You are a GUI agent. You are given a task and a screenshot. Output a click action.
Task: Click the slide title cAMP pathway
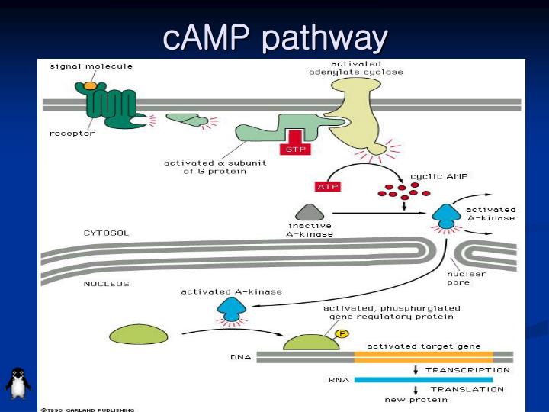tap(275, 37)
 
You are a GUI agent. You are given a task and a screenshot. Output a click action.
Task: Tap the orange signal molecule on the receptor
tap(90, 85)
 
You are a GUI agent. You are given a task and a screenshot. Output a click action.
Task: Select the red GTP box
tap(294, 149)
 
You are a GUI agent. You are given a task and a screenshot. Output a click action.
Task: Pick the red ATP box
tap(327, 186)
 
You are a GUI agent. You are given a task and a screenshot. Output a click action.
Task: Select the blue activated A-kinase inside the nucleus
tap(231, 308)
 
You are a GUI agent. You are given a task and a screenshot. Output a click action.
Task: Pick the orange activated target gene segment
tap(423, 356)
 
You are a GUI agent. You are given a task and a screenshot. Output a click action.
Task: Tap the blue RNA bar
tap(423, 379)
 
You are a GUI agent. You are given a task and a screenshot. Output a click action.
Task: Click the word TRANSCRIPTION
tap(467, 369)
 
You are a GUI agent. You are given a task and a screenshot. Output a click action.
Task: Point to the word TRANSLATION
tap(467, 389)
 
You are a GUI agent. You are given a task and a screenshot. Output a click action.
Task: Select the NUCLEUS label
tap(106, 283)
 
